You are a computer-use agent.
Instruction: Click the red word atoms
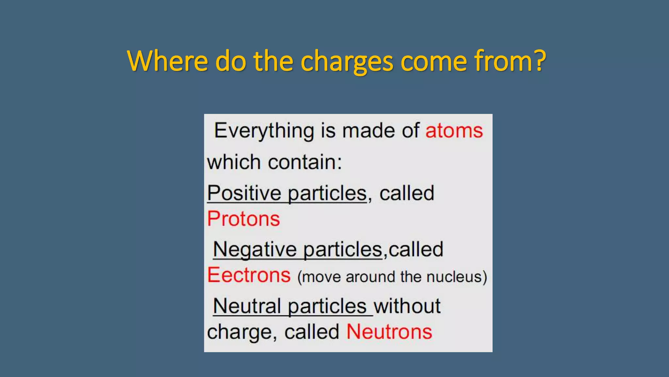454,131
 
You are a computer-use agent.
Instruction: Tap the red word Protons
244,219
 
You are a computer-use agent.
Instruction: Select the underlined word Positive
244,193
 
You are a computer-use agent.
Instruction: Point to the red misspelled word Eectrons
249,275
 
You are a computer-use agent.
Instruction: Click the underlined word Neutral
247,306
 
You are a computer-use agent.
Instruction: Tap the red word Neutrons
389,332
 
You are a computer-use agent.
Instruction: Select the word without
407,306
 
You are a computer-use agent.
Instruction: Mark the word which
234,162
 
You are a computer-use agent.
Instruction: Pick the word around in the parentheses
371,277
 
